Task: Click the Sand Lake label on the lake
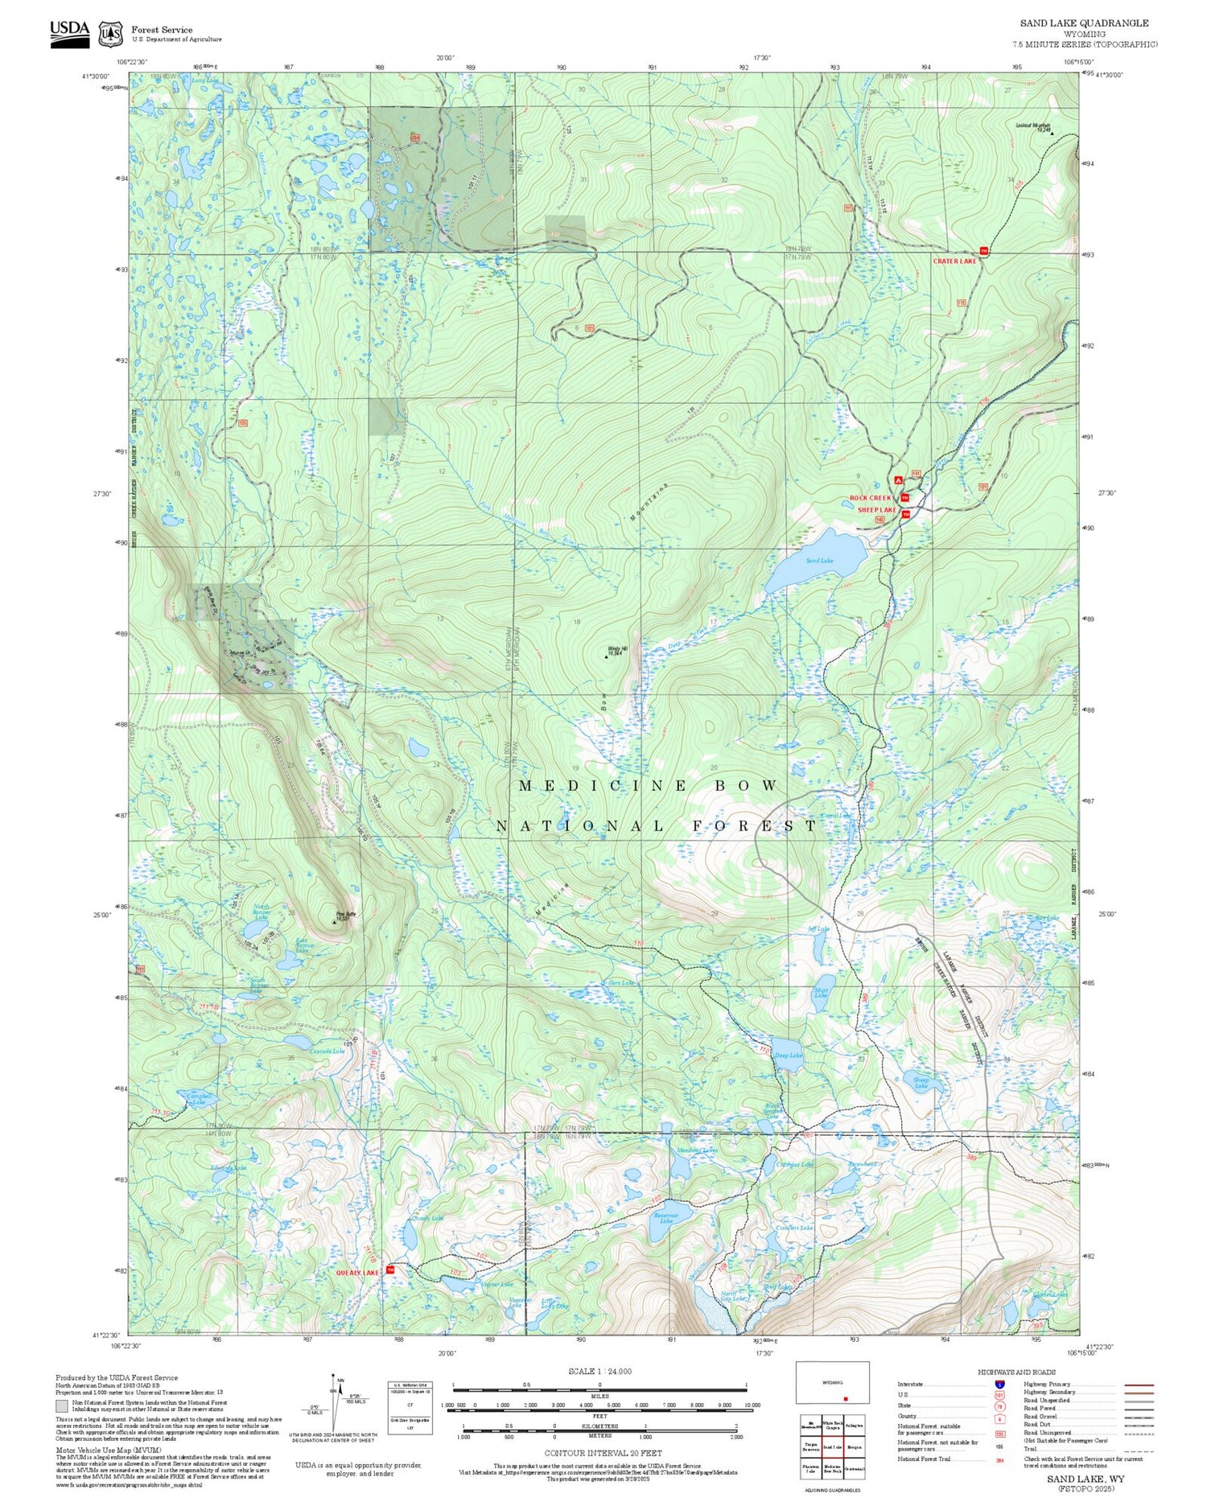tap(820, 560)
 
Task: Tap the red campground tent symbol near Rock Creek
tap(898, 480)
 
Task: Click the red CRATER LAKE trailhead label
tap(954, 261)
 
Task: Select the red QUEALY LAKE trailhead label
tap(357, 1273)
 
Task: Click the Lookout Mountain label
tap(1033, 125)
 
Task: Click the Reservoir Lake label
tap(665, 1217)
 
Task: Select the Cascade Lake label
tap(327, 1051)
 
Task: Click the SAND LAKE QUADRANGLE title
tap(1084, 23)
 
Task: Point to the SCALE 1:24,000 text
tap(599, 1371)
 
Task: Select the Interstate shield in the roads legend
tap(999, 1384)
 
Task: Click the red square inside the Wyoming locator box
tap(846, 1398)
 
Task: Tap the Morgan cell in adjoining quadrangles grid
tap(855, 1447)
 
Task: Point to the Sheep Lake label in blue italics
tap(921, 1083)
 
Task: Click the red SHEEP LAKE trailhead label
tap(876, 510)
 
